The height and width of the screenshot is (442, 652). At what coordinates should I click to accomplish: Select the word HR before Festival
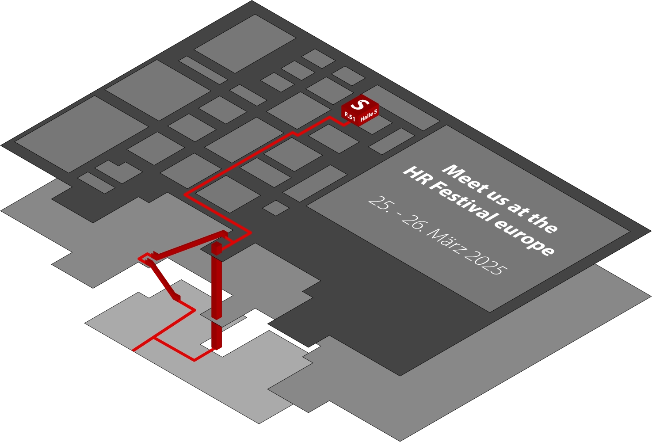point(417,179)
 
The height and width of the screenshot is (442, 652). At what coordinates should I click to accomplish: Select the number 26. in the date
point(414,224)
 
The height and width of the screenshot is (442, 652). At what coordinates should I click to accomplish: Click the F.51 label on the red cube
point(350,116)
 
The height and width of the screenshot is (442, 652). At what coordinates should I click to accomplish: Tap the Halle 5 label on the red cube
point(369,115)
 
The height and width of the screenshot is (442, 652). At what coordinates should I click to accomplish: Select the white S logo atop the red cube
point(360,104)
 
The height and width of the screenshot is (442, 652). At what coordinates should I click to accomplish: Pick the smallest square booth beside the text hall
point(276,208)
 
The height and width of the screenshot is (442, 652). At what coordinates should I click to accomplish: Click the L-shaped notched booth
point(118,172)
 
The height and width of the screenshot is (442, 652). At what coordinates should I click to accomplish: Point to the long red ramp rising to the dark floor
point(189,245)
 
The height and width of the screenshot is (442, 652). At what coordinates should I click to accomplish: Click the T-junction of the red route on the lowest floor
point(154,338)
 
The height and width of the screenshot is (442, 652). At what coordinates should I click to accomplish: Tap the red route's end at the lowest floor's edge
point(133,351)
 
